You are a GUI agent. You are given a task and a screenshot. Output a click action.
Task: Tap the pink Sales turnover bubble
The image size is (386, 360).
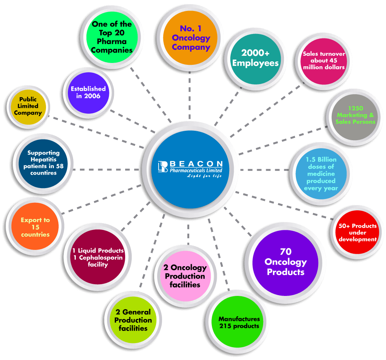pos(324,61)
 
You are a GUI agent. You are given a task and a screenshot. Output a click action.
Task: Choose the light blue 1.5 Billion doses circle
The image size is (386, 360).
pos(321,173)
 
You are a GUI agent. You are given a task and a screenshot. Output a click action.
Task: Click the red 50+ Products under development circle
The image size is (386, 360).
pos(357,232)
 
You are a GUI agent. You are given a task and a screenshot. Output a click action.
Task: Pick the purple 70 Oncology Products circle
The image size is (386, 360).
pos(285,262)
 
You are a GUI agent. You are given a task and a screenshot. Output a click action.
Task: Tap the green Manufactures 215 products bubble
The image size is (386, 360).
pos(239,322)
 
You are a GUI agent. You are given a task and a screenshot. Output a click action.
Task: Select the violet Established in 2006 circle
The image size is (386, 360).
pos(88,92)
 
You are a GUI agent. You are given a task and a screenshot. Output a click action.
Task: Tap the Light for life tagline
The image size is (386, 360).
pos(205,176)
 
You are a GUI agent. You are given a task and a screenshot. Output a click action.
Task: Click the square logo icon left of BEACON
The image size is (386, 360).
pos(162,167)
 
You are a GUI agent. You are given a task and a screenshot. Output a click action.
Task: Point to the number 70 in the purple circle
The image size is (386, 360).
pos(285,252)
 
